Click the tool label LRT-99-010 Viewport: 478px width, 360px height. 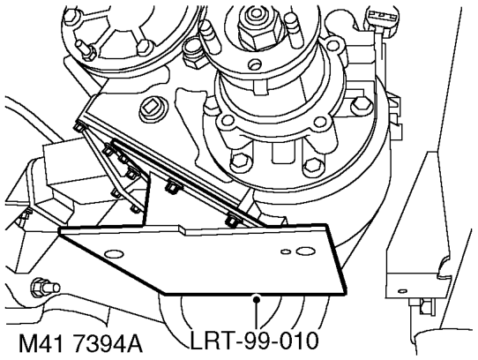coord(255,341)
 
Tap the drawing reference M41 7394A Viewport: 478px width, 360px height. coord(80,343)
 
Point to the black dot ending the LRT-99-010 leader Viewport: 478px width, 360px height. coord(257,300)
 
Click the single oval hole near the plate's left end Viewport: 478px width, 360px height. coord(114,253)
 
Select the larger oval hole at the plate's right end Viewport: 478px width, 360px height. coord(306,251)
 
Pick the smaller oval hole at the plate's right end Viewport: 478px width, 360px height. coord(286,251)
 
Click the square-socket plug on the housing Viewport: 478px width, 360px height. coord(153,109)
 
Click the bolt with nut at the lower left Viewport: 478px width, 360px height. coord(44,287)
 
